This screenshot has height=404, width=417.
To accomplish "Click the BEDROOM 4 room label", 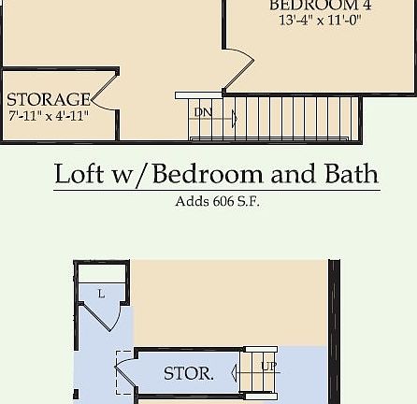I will click(x=313, y=6).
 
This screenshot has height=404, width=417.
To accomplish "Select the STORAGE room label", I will click(x=49, y=99).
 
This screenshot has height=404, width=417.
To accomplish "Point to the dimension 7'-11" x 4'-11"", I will click(x=48, y=117).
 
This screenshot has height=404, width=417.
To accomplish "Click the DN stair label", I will click(x=202, y=113).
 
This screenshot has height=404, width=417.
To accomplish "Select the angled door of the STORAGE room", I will click(x=104, y=92).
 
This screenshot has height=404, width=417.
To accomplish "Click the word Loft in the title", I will click(x=79, y=174).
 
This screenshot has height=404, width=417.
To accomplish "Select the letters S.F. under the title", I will click(x=248, y=201).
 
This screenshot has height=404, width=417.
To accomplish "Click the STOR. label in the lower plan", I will click(x=189, y=373).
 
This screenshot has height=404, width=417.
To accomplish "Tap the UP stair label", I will click(x=268, y=366).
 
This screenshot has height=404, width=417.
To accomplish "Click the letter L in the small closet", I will click(x=101, y=294).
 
